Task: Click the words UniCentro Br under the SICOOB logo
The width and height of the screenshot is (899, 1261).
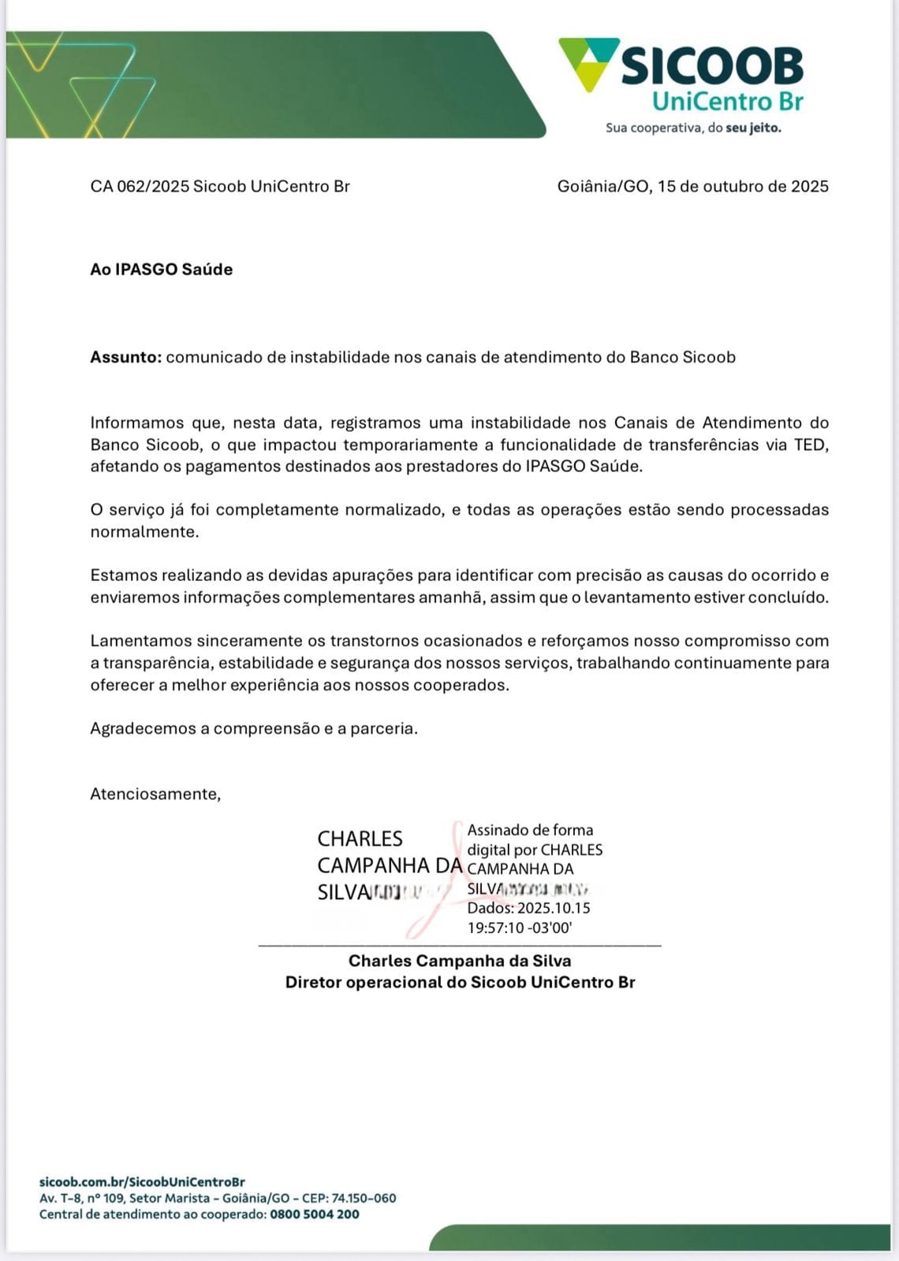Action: click(x=727, y=102)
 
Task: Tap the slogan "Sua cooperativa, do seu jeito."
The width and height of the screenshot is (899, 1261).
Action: click(x=693, y=128)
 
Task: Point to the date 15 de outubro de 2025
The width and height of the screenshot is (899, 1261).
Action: click(x=743, y=187)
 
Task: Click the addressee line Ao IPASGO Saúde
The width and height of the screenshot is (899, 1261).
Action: click(x=161, y=270)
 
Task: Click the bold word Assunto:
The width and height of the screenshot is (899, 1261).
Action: click(x=125, y=357)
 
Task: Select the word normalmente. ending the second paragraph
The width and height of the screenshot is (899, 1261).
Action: click(x=144, y=532)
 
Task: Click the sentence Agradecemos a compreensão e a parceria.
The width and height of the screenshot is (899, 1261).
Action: click(x=254, y=728)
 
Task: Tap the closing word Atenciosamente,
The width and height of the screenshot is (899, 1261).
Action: click(x=155, y=794)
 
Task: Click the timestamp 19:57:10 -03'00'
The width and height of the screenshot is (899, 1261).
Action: click(x=520, y=928)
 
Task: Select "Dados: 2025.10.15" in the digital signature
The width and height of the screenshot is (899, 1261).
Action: click(x=528, y=908)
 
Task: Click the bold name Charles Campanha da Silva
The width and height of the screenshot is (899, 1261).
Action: click(x=460, y=961)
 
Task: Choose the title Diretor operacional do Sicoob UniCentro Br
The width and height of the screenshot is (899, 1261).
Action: click(x=460, y=982)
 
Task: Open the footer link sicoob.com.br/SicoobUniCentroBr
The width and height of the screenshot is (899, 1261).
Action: click(x=142, y=1182)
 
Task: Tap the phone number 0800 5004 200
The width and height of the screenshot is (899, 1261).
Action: click(x=314, y=1215)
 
